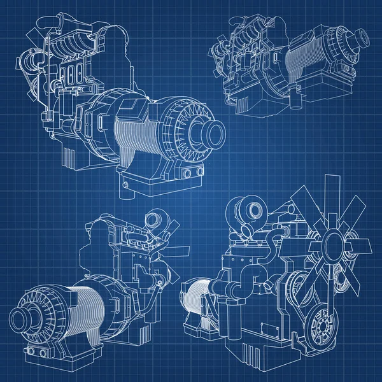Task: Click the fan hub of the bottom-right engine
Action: [x=334, y=243]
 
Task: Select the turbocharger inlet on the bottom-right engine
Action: [x=251, y=209]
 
